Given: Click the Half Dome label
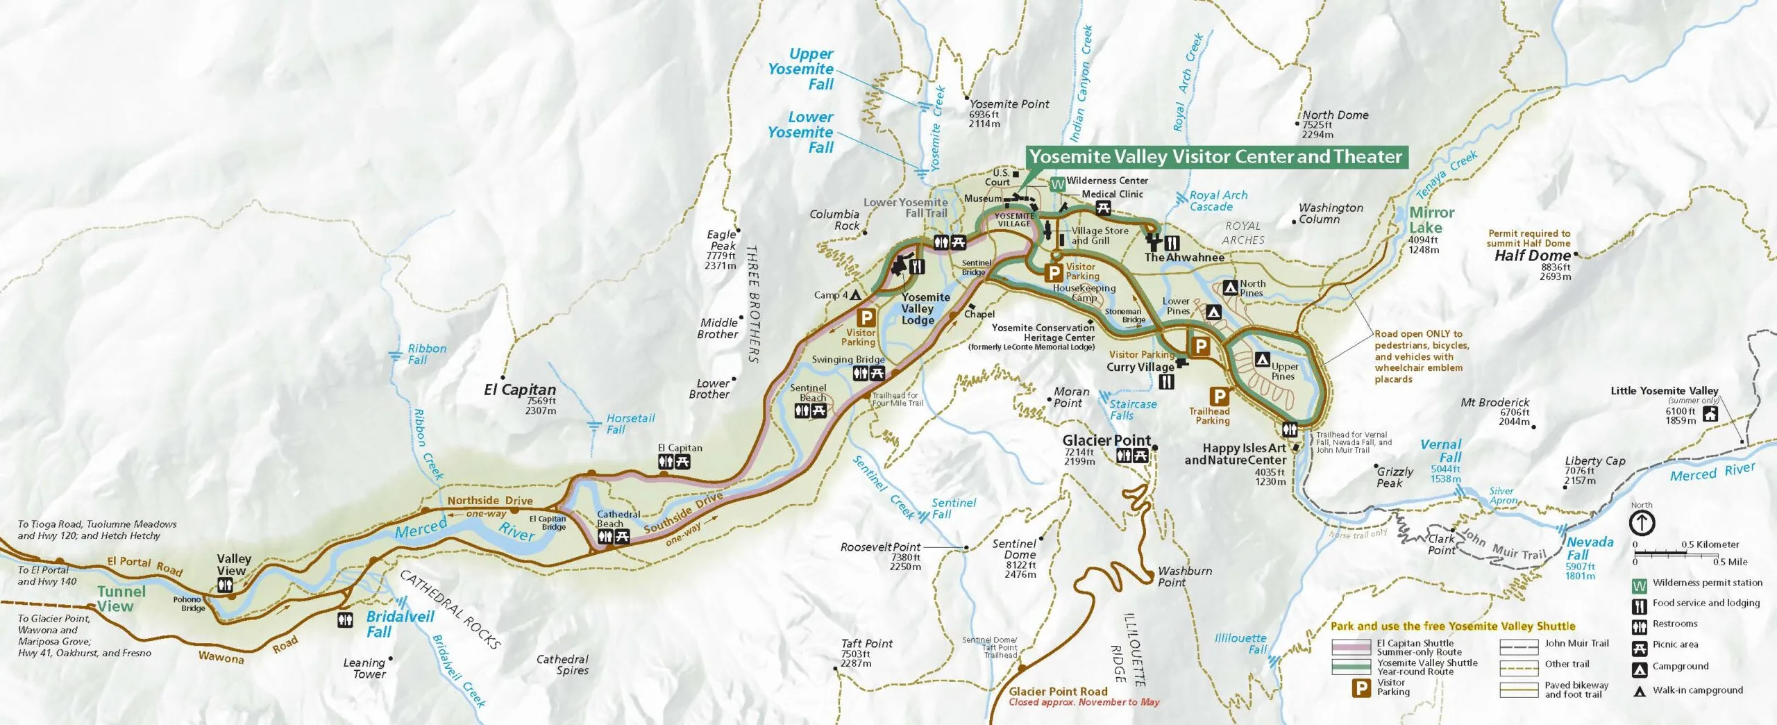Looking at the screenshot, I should pos(1532,256).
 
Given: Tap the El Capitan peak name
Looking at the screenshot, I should pos(520,390).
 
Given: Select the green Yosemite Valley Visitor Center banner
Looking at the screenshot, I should pos(1215,157).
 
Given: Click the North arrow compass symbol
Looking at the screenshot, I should pos(1642,523).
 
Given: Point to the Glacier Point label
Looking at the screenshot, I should pos(1106,440).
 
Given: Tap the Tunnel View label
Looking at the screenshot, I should pos(121,599).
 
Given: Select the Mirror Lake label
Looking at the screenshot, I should pos(1431,219).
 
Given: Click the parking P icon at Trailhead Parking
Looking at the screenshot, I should pos(1219,397).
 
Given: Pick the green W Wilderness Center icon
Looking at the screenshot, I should pos(1057,185).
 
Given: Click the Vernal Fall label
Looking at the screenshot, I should pos(1441,451).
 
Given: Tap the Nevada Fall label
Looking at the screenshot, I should pos(1590,548).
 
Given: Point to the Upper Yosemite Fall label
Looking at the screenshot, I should pos(802,69).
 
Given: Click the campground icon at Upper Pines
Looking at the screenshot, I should pos(1263,360).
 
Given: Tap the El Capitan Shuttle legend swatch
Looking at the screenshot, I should pos(1351,647).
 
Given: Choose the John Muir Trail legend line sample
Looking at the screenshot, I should pos(1519,647).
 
